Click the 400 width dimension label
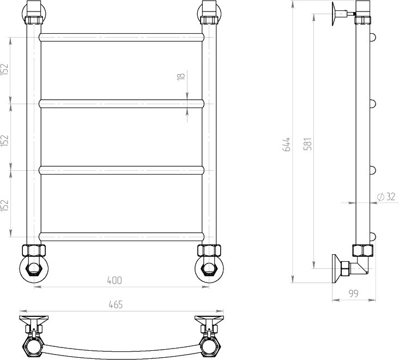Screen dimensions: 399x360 [x=114, y=280]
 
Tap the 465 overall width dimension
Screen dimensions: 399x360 [x=116, y=304]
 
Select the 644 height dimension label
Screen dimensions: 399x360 [x=287, y=145]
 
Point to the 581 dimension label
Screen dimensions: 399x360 [x=307, y=143]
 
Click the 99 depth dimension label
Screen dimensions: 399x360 [x=353, y=293]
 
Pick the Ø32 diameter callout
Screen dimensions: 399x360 [x=386, y=196]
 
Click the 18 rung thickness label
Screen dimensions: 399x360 [x=180, y=76]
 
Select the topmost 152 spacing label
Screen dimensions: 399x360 [x=5, y=69]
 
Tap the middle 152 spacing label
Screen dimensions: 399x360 [x=5, y=140]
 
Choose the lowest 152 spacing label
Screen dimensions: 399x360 [x=5, y=205]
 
